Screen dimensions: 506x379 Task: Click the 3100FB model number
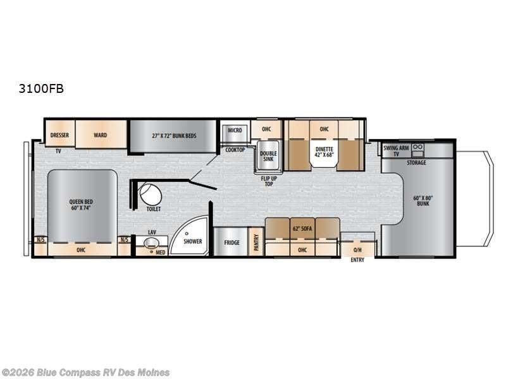(x=41, y=88)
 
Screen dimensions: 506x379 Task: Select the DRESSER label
(x=59, y=135)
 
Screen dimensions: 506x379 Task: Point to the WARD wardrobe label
(x=101, y=135)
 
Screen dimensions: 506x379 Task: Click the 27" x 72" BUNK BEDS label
(x=175, y=136)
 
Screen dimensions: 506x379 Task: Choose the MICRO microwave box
(x=235, y=133)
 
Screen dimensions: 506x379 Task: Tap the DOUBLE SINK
(x=268, y=155)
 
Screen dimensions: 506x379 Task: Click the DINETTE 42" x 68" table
(x=324, y=152)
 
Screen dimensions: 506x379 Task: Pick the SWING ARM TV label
(x=397, y=150)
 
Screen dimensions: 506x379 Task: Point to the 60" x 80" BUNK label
(x=423, y=201)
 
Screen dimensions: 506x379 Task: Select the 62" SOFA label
(x=302, y=229)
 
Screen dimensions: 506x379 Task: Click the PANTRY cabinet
(x=257, y=241)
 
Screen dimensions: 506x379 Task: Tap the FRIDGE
(x=231, y=242)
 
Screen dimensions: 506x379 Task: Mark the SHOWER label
(x=193, y=241)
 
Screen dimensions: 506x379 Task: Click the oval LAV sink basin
(x=151, y=243)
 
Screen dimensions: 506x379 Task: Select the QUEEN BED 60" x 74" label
(x=81, y=205)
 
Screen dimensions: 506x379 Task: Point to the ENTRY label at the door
(x=357, y=260)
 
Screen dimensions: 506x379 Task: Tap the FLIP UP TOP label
(x=269, y=181)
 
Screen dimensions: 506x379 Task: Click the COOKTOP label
(x=235, y=150)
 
